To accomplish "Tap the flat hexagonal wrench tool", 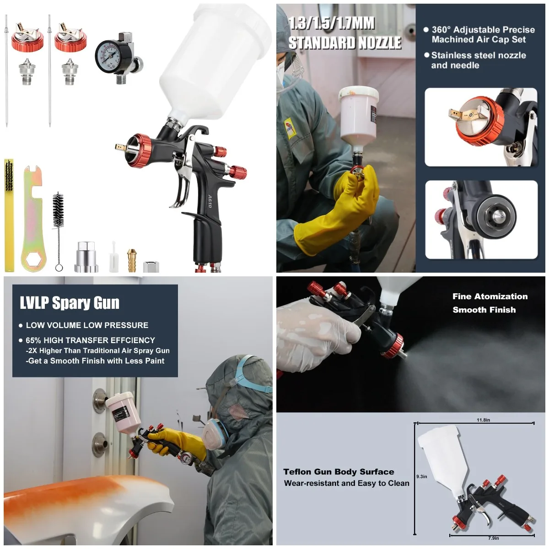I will pos(33,220).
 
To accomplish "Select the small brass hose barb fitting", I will pos(132,260).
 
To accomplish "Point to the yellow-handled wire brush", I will pos(9,215).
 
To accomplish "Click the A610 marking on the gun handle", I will pos(210,202).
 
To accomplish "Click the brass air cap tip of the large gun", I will pos(120,147).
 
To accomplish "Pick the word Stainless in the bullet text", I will pos(450,55).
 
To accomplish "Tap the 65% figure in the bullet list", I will pos(33,340).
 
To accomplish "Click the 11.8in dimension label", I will pos(483,420).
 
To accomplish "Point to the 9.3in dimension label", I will pos(421,476).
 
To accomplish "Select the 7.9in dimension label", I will pos(493,538).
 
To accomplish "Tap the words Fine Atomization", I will pos(490,296).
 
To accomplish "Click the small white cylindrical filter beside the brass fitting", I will pos(113,258).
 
